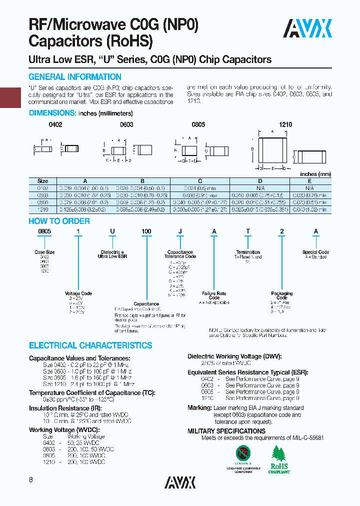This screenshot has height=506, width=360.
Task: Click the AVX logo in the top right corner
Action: [307, 29]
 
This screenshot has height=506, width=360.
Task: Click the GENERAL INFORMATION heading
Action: [75, 77]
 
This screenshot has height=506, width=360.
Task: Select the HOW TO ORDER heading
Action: [59, 221]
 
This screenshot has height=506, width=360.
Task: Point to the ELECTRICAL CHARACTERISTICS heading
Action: [90, 345]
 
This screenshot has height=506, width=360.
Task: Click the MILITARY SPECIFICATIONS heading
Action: [226, 431]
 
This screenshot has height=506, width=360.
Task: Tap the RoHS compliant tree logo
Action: [279, 459]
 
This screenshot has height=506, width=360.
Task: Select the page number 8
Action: [31, 480]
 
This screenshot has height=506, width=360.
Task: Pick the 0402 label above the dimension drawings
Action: [55, 124]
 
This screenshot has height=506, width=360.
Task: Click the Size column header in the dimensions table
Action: [43, 181]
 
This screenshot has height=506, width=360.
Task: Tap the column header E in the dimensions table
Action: [309, 181]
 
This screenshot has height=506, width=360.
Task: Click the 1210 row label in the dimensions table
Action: [43, 210]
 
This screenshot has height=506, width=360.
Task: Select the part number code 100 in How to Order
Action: [146, 231]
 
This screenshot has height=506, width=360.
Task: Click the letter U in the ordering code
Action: [112, 231]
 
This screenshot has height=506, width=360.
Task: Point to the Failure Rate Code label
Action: [214, 295]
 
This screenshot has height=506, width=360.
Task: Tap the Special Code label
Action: [315, 252]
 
